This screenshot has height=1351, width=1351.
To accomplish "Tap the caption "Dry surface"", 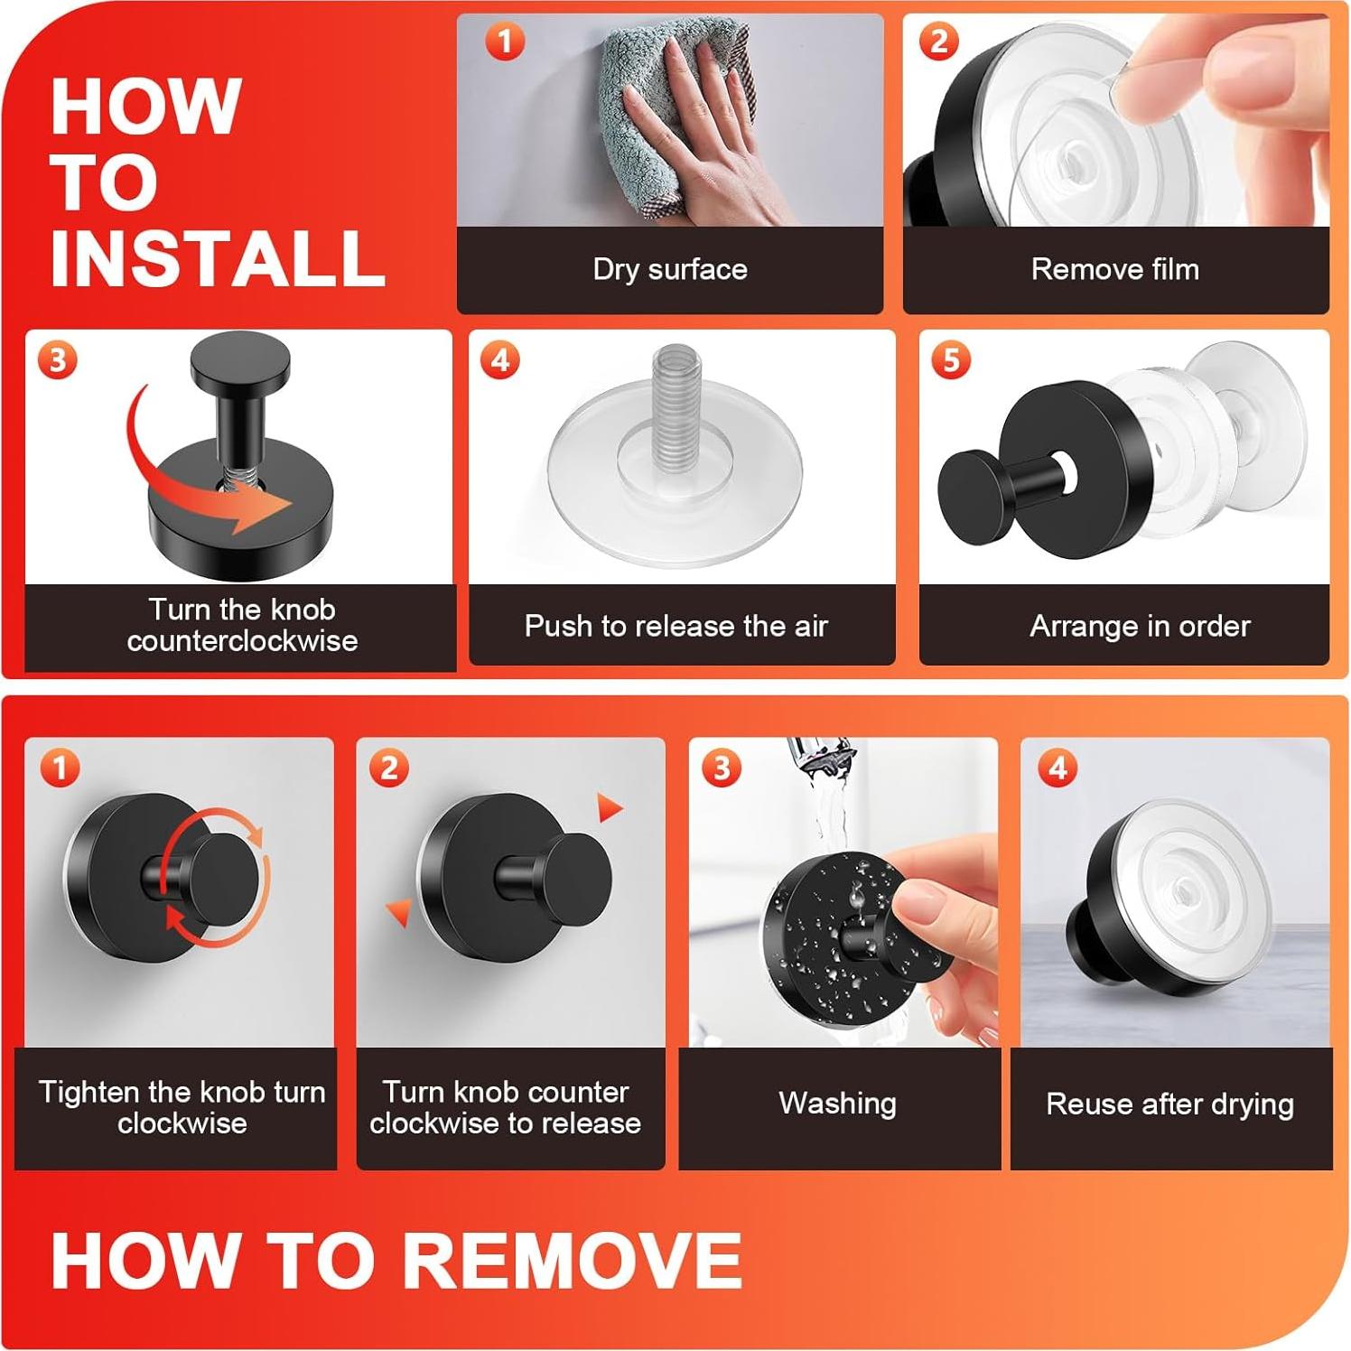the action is [670, 269].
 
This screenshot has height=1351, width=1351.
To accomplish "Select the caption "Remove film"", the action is [1115, 269].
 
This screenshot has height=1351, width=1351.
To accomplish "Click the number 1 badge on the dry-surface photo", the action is [505, 42].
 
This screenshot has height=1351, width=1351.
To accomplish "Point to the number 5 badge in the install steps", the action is [951, 360].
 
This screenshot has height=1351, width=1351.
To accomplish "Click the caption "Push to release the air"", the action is [676, 626].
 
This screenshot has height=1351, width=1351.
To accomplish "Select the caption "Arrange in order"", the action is [1140, 626].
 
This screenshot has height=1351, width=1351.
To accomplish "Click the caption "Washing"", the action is [838, 1104].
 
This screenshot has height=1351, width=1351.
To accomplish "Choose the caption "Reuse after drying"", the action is [1170, 1104].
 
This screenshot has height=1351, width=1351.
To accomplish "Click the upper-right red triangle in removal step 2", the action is [609, 806].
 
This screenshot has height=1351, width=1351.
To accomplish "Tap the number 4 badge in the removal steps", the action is [1058, 769].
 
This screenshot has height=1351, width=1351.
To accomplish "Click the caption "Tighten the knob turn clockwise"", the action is [182, 1107].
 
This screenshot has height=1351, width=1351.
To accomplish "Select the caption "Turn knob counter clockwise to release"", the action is [505, 1107].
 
